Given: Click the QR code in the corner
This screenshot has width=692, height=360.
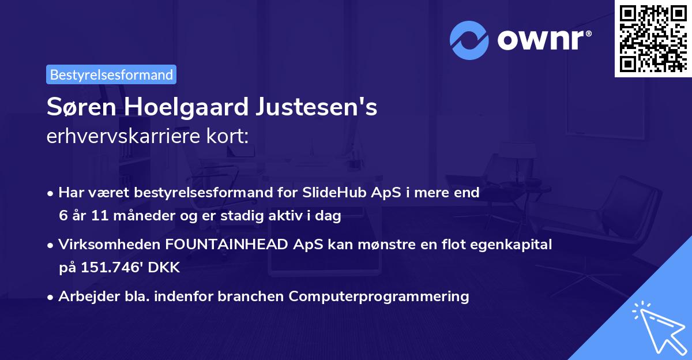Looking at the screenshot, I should pos(652,39).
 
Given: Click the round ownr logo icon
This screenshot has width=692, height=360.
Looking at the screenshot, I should pos(469,40).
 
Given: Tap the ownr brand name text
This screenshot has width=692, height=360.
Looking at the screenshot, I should pos(544,40).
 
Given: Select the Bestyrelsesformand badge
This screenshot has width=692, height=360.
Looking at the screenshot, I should pos(111,74).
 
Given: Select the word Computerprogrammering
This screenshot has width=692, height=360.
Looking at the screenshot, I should pos(379,297).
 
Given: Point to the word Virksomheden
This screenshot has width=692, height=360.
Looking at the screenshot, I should pos(110,245).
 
